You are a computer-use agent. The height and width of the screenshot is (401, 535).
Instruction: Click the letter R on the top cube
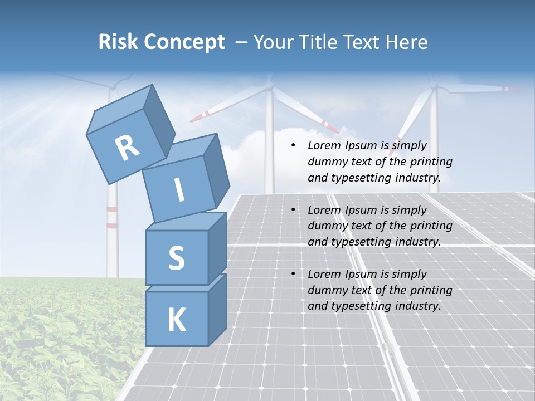pyautogui.click(x=127, y=148)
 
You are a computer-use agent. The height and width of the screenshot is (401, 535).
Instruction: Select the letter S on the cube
pyautogui.click(x=176, y=258)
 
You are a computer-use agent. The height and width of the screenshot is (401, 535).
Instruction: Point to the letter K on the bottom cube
pyautogui.click(x=176, y=320)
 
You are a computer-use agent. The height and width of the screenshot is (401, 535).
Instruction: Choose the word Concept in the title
pyautogui.click(x=184, y=42)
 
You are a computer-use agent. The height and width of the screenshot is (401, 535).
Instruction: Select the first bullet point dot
pyautogui.click(x=293, y=146)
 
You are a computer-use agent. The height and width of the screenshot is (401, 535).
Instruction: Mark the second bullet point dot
pyautogui.click(x=293, y=210)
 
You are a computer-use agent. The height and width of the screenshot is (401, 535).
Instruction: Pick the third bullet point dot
pyautogui.click(x=293, y=274)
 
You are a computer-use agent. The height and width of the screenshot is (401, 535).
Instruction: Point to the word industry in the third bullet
pyautogui.click(x=417, y=306)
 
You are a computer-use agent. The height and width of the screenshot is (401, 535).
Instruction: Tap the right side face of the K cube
pyautogui.click(x=217, y=309)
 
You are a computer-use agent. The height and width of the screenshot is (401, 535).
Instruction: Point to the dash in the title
pyautogui.click(x=241, y=43)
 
